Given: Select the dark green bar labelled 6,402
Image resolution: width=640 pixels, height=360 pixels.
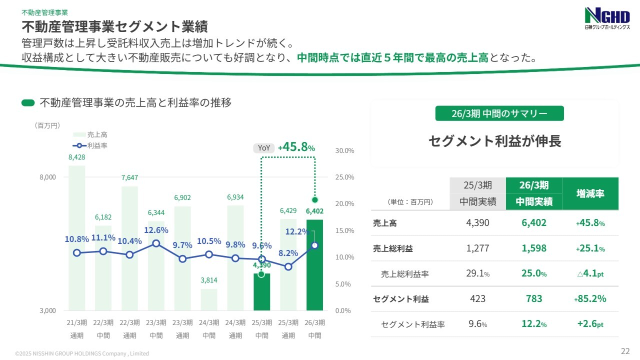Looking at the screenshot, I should (x=314, y=265).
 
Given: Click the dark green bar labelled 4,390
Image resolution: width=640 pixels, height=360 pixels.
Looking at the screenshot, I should (x=261, y=292).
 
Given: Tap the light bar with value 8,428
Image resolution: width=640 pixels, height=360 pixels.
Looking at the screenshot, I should (x=76, y=237).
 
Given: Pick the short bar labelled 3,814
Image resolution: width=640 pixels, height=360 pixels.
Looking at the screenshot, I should (x=209, y=299).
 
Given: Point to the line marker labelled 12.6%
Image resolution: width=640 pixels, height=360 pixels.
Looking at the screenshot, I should (x=156, y=243).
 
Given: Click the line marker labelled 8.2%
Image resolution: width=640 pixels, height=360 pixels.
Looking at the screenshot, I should (x=288, y=266).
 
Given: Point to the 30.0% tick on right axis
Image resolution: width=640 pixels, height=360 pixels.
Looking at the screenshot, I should (x=344, y=150).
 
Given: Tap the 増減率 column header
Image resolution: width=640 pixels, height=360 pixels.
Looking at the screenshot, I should (x=590, y=193).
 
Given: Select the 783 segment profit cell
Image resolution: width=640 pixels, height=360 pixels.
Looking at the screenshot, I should (x=534, y=299).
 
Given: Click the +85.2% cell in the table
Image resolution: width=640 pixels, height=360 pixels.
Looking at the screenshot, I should (x=590, y=299).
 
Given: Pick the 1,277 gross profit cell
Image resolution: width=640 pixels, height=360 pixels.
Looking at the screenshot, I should (x=477, y=248).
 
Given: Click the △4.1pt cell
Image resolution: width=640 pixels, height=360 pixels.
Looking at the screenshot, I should (x=590, y=273).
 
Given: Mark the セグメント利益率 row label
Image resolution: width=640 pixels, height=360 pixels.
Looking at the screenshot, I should (x=412, y=324).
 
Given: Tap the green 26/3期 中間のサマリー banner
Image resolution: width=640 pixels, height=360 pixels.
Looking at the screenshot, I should (x=499, y=113).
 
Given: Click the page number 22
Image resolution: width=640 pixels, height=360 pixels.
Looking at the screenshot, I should (x=625, y=350).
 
